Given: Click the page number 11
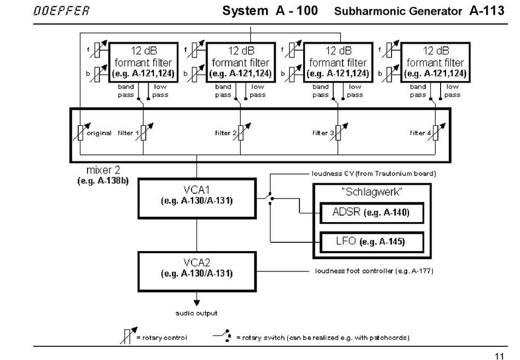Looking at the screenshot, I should click(499, 356).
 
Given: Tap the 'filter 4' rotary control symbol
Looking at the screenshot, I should click(436, 133).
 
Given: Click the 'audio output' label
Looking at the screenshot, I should click(197, 313).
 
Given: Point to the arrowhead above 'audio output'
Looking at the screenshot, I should click(197, 301).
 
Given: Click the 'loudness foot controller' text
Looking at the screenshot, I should click(374, 270).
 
